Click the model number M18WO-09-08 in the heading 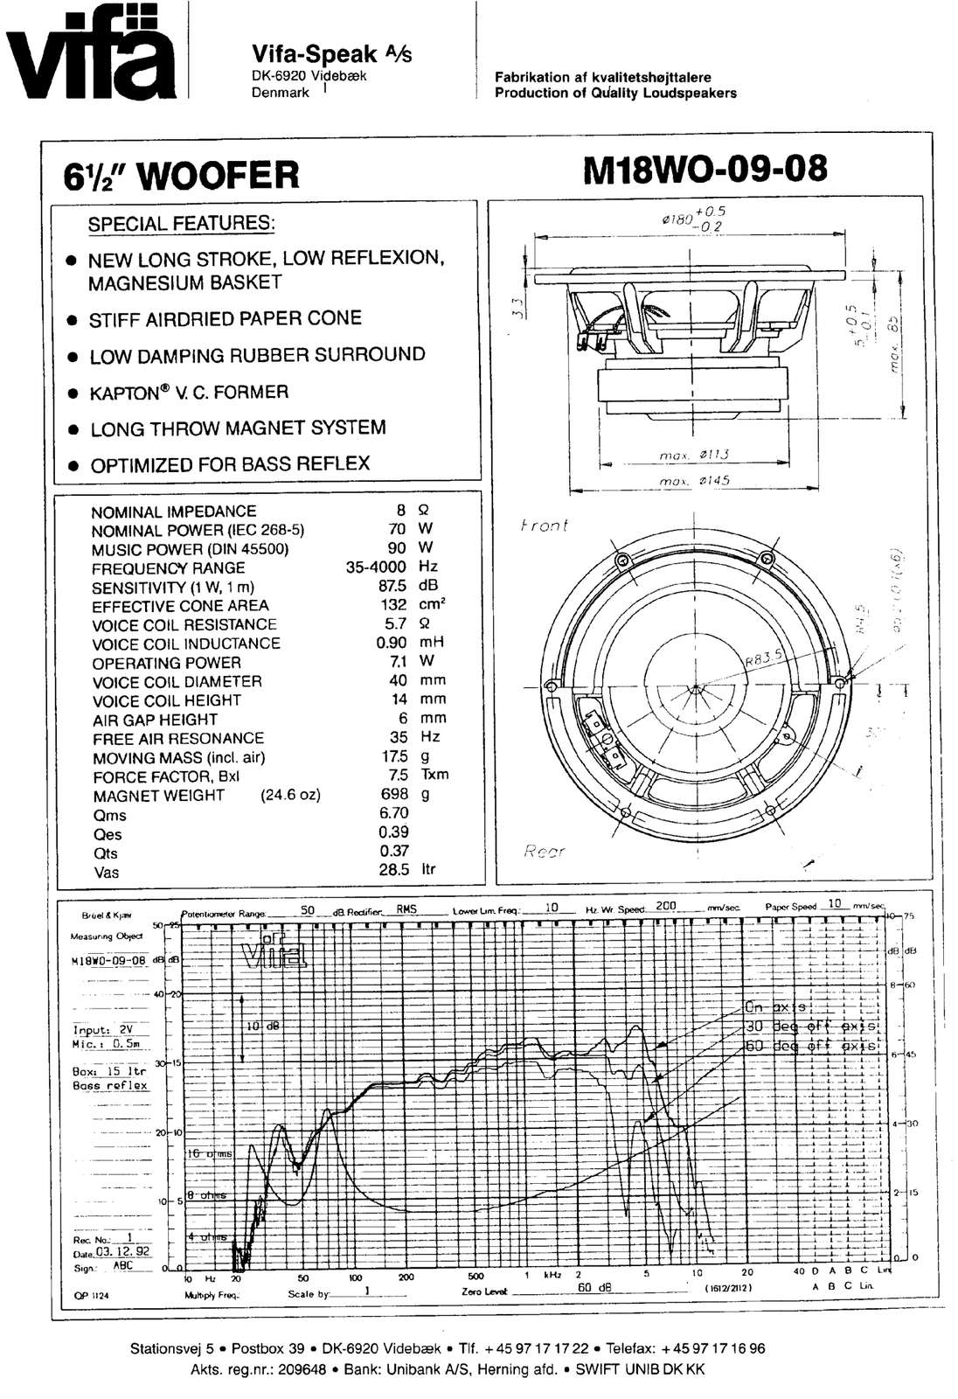[704, 169]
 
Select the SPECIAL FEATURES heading [182, 224]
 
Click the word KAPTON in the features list [123, 393]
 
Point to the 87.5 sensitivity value [392, 586]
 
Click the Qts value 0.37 [394, 851]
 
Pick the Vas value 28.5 [394, 870]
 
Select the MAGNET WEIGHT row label [158, 796]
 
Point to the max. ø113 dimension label [696, 455]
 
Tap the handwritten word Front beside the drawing [544, 525]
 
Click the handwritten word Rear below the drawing [544, 851]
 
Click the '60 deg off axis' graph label [811, 1047]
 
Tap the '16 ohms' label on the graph [210, 1154]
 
